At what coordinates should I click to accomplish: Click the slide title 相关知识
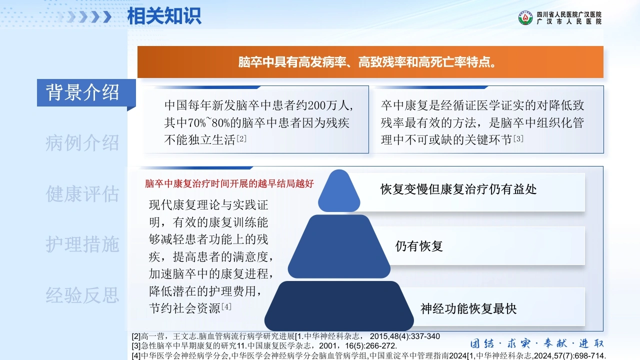click(x=164, y=16)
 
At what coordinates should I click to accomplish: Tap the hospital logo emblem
click(x=525, y=17)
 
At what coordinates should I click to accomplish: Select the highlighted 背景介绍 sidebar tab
click(x=82, y=92)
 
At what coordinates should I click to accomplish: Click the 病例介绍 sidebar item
click(x=82, y=143)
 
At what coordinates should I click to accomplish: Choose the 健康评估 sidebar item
click(x=82, y=193)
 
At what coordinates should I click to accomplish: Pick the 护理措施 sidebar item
click(x=82, y=244)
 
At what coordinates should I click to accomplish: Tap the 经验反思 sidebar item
click(x=82, y=295)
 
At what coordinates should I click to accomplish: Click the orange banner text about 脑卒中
click(x=367, y=62)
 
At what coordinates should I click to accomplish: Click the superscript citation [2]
click(x=241, y=138)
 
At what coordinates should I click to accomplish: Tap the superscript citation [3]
click(x=518, y=138)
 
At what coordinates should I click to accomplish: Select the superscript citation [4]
click(x=226, y=307)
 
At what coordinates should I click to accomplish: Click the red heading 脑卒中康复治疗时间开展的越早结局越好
click(x=229, y=183)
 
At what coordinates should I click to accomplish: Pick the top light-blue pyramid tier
click(x=339, y=191)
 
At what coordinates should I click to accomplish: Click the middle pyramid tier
click(x=339, y=246)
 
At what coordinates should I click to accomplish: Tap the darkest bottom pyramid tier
click(x=339, y=306)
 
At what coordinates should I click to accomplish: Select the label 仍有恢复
click(x=419, y=246)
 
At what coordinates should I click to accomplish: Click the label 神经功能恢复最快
click(x=468, y=308)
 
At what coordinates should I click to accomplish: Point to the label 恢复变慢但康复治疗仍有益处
click(x=458, y=189)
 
